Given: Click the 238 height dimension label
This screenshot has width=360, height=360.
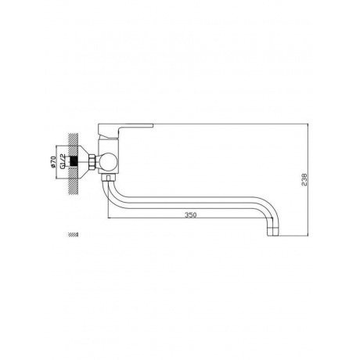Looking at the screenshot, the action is click(x=304, y=179).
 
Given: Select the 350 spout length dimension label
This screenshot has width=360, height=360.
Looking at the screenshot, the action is click(x=190, y=215).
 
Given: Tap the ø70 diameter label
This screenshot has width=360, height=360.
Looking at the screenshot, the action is click(x=53, y=162).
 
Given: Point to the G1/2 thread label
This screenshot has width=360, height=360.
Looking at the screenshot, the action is click(x=63, y=161).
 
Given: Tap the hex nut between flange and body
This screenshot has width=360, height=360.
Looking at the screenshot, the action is click(x=93, y=162).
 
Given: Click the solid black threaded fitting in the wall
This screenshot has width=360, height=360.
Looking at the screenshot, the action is click(x=74, y=162).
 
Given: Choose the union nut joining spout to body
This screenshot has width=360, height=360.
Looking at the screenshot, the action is click(x=110, y=177).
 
